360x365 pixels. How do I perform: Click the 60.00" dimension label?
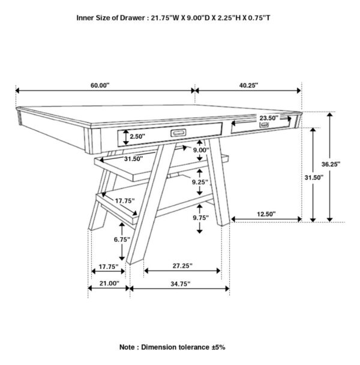(100, 86)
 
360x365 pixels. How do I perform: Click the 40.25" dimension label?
(248, 86)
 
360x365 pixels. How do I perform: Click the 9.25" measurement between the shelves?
(200, 181)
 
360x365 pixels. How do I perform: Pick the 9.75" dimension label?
(200, 219)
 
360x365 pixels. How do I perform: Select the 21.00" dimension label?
(109, 282)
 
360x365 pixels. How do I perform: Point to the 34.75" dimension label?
(179, 282)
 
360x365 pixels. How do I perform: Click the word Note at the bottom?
(130, 347)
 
